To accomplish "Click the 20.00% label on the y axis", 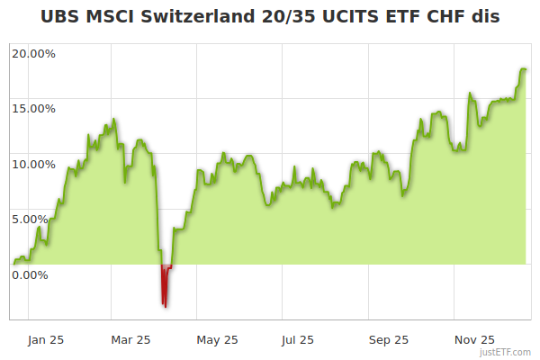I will coord(33,53).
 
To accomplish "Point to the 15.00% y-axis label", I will coord(33,109).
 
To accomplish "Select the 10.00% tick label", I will coord(33,164).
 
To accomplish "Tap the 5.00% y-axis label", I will coord(36,219).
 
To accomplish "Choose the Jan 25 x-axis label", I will coord(45,339).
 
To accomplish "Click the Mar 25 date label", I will coord(130,339).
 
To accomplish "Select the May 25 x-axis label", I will coord(217,339).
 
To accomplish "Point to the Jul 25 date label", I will coord(298,339).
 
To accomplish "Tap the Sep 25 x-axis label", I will coord(389,339).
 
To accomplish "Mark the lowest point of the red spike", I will coord(165,306).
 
